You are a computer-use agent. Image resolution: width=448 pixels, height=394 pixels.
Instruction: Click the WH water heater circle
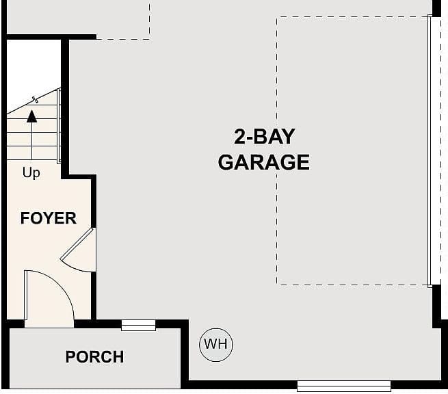click(x=216, y=345)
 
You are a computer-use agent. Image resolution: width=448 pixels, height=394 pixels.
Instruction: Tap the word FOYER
click(x=49, y=218)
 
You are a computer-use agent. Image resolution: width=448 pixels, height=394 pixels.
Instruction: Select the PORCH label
click(x=94, y=356)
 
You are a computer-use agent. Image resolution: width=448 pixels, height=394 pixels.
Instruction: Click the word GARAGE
click(x=264, y=162)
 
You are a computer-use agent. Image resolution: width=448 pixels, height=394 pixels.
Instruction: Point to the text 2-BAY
click(x=264, y=137)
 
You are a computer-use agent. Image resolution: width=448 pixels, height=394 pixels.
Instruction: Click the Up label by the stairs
click(x=31, y=173)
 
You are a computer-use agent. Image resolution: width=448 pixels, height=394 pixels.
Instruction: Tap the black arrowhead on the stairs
click(x=31, y=116)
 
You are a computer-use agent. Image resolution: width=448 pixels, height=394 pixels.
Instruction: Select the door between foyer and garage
click(x=77, y=244)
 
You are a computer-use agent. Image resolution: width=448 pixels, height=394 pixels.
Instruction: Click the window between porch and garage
click(x=138, y=325)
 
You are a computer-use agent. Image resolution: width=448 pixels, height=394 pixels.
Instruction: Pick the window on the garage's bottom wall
click(x=344, y=386)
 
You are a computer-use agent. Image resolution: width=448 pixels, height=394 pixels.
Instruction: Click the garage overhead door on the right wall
click(x=430, y=151)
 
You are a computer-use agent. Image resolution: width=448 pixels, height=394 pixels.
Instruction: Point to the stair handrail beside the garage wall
click(x=59, y=126)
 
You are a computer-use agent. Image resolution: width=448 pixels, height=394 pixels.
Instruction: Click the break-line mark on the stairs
click(x=36, y=100)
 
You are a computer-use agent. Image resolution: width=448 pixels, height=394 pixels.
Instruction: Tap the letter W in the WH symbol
click(x=210, y=344)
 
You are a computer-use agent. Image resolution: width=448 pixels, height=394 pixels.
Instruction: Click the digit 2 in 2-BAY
click(x=240, y=137)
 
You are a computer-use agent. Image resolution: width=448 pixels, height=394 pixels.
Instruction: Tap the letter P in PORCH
click(x=70, y=356)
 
